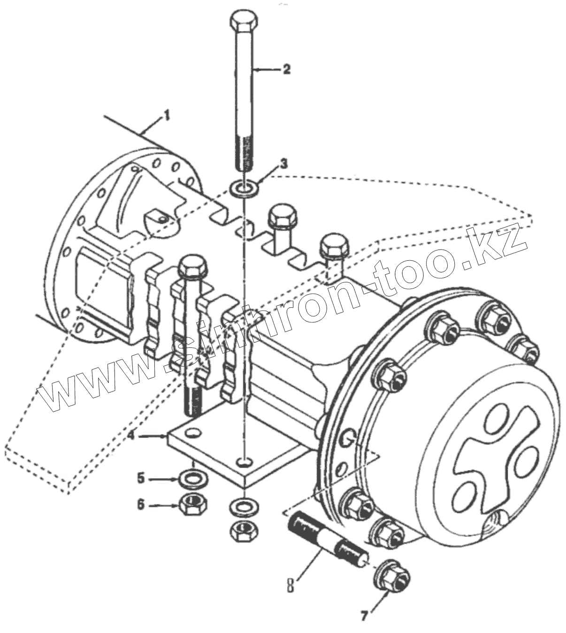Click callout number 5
[140, 479]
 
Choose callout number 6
[140, 505]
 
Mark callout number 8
[291, 586]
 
